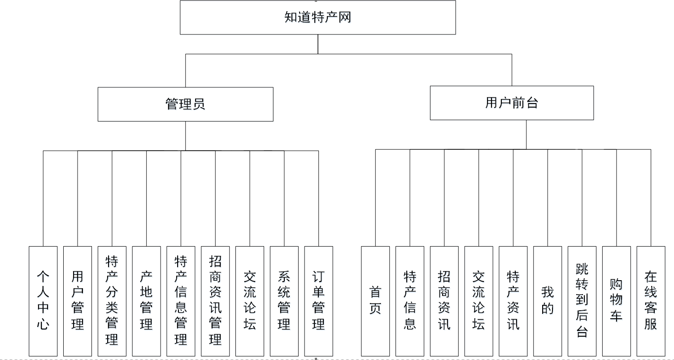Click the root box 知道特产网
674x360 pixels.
coord(317,17)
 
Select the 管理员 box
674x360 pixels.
coord(185,104)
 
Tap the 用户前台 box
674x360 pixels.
coord(512,103)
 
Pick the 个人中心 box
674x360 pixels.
coord(43,301)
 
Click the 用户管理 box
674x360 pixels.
coord(78,301)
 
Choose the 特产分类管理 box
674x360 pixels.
coord(112,301)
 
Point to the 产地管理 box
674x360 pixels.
coord(146,301)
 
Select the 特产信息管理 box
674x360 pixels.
coord(181,301)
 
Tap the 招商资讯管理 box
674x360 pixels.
coord(215,301)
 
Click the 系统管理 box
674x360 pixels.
coord(284,301)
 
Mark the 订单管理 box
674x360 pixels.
coord(318,301)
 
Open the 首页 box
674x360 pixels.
coord(375,301)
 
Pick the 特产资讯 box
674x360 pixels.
coord(513,301)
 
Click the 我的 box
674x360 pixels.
coord(548,301)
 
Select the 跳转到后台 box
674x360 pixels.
coord(582,301)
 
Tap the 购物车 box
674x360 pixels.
coord(616,301)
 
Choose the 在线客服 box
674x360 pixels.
coord(651,301)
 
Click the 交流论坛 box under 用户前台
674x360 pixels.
coord(478,301)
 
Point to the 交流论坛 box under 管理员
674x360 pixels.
coord(249,301)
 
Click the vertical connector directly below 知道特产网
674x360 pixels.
coord(318,44)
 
